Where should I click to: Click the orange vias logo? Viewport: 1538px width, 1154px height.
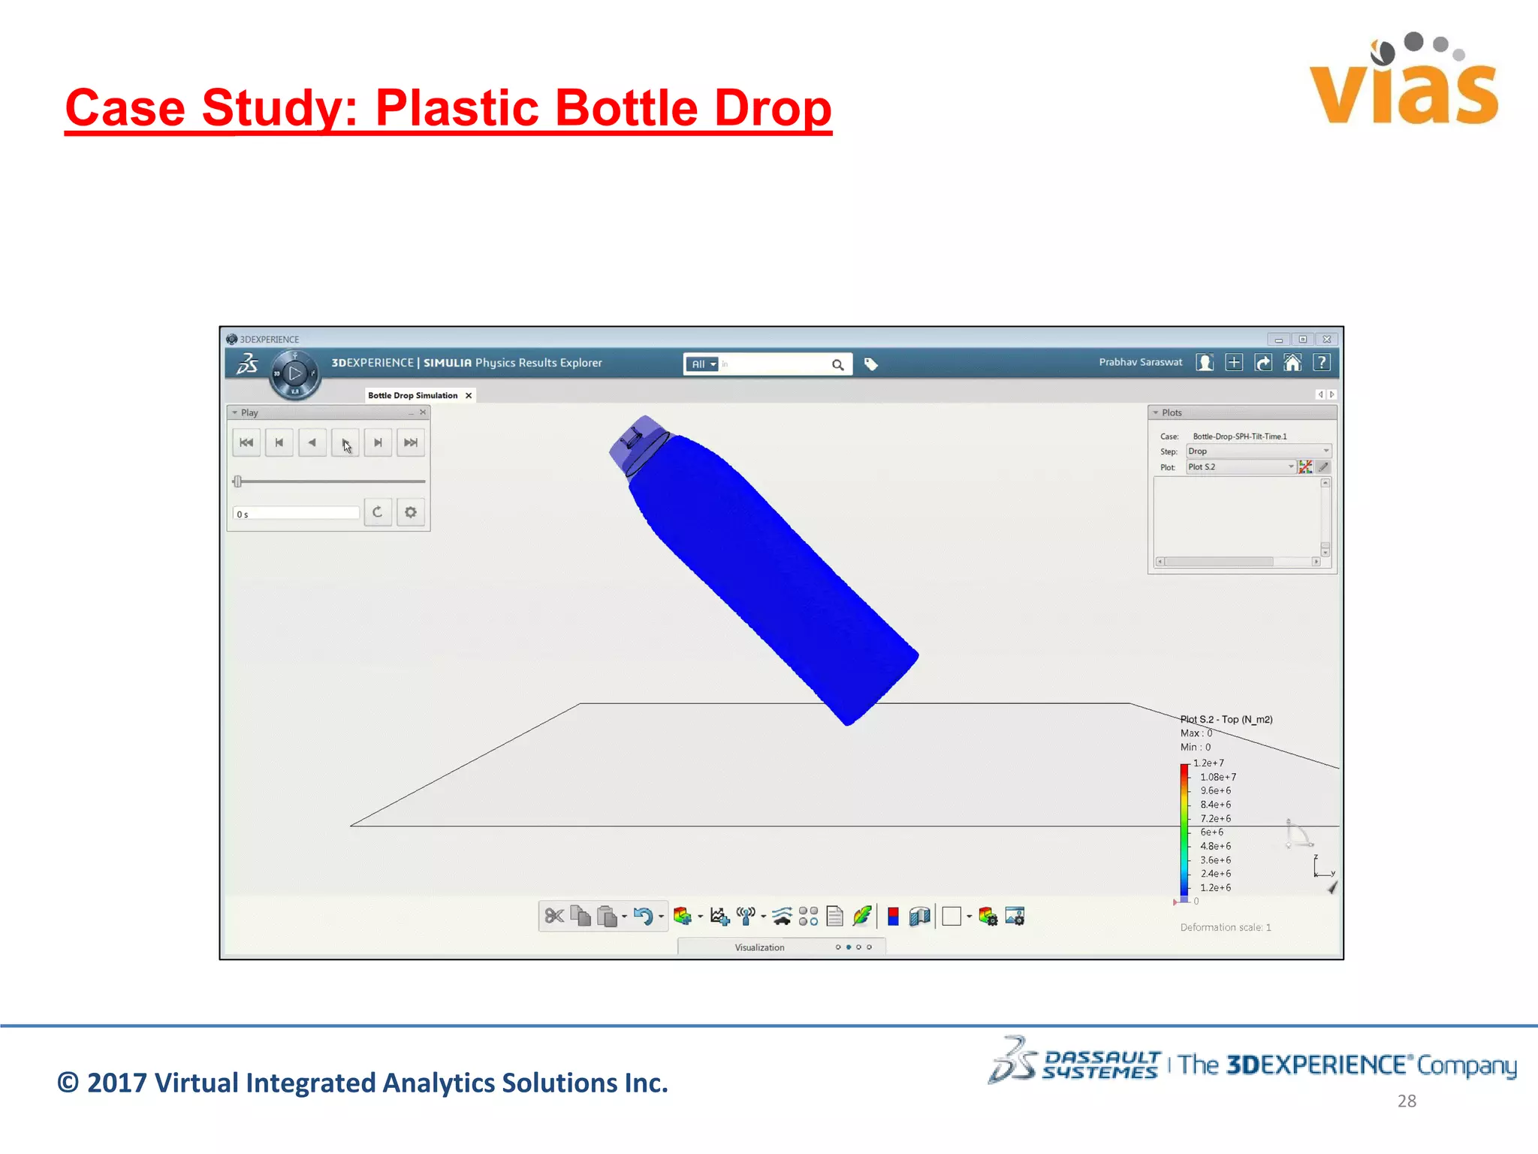(1403, 83)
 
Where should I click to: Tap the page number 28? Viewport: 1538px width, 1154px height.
(1407, 1101)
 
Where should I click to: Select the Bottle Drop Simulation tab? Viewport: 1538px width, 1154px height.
(413, 395)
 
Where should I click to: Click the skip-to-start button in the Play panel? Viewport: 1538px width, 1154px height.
(246, 443)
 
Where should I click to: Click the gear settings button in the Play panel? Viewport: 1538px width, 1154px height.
(411, 512)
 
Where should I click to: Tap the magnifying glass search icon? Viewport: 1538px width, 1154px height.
(838, 365)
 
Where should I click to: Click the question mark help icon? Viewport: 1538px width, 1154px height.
(1322, 363)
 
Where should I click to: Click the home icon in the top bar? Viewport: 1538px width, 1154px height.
(1292, 363)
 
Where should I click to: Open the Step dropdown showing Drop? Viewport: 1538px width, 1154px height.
(1258, 452)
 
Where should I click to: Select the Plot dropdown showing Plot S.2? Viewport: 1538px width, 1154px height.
(1240, 467)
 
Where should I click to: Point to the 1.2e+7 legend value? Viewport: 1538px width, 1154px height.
(1208, 763)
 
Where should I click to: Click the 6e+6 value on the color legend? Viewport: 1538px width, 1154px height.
(1211, 832)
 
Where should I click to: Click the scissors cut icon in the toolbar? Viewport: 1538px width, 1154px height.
(554, 916)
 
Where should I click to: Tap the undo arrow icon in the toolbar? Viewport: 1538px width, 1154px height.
(643, 916)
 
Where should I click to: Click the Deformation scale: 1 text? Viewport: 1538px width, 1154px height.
(1226, 927)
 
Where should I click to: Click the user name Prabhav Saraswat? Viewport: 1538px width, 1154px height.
(1140, 362)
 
